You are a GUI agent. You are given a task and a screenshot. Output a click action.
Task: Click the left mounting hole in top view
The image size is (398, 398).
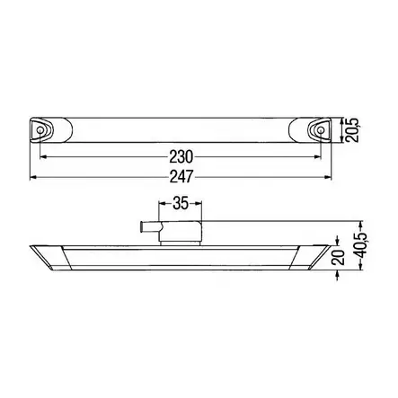pos(40,131)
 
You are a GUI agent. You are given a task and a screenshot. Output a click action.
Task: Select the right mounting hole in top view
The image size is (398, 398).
pos(319,131)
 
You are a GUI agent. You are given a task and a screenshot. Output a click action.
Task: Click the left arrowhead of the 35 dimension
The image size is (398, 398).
pos(164,214)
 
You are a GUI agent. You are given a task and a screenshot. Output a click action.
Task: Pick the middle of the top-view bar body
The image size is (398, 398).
pos(180,131)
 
